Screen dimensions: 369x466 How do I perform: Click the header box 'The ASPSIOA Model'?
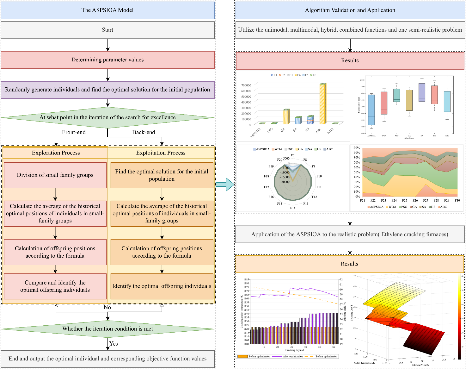[x=107, y=10]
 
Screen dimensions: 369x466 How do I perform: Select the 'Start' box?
[x=107, y=30]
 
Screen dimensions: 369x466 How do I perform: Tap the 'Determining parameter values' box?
[x=107, y=60]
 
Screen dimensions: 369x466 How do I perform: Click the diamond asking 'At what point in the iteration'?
[x=107, y=117]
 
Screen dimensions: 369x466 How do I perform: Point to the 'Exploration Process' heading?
[x=56, y=153]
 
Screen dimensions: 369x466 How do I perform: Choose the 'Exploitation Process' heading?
[x=161, y=153]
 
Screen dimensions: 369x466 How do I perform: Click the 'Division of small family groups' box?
[x=55, y=175]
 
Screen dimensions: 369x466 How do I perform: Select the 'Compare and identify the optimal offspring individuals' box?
[x=55, y=286]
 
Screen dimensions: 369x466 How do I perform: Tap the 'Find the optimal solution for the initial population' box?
[x=162, y=175]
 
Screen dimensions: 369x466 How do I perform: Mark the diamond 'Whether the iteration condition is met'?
[x=107, y=329]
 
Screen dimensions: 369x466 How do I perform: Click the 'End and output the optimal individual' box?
[x=107, y=359]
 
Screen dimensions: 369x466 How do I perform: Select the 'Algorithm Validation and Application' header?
[x=350, y=10]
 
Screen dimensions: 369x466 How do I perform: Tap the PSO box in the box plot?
[x=396, y=95]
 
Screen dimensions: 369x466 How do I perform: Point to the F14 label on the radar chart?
[x=293, y=208]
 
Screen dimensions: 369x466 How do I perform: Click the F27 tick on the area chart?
[x=426, y=200]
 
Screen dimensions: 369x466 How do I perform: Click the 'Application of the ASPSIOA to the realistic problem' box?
[x=350, y=235]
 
